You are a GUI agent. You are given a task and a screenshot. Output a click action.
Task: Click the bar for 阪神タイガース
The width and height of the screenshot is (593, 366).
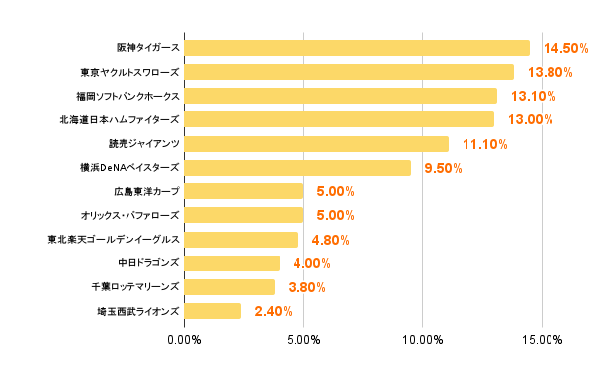(x=357, y=48)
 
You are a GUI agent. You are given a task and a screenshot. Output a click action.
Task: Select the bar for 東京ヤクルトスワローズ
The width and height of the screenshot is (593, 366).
(x=349, y=72)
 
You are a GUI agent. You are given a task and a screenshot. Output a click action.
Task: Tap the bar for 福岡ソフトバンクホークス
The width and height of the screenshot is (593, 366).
(x=340, y=96)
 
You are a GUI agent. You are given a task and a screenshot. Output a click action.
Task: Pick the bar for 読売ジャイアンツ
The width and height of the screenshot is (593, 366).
(x=316, y=144)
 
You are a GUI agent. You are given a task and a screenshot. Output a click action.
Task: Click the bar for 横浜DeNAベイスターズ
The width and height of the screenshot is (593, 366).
(x=297, y=168)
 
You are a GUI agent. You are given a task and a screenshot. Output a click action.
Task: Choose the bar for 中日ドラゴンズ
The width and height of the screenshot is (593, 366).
(x=232, y=263)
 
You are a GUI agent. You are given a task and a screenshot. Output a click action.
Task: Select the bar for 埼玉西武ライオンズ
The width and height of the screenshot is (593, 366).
(x=212, y=311)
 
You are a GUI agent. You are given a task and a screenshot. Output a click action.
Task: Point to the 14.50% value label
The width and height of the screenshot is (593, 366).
(x=566, y=48)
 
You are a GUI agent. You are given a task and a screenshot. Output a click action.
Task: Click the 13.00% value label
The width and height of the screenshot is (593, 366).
(x=531, y=120)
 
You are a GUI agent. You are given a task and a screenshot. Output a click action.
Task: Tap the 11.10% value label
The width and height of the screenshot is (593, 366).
(x=485, y=144)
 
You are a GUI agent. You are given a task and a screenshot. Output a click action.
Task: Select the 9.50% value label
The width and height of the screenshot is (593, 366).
(x=443, y=168)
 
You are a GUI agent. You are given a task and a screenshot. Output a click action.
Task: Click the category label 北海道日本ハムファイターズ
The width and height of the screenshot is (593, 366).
(x=120, y=120)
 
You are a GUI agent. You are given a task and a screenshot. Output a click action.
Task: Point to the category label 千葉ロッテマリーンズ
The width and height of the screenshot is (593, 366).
(x=134, y=287)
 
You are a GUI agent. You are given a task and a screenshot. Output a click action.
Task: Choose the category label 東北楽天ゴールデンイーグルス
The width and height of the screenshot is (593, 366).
(x=114, y=240)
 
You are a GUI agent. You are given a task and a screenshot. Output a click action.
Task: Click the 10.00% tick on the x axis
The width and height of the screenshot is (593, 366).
(x=423, y=340)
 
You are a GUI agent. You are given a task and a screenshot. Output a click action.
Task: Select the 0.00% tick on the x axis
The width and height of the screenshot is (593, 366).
(x=185, y=340)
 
